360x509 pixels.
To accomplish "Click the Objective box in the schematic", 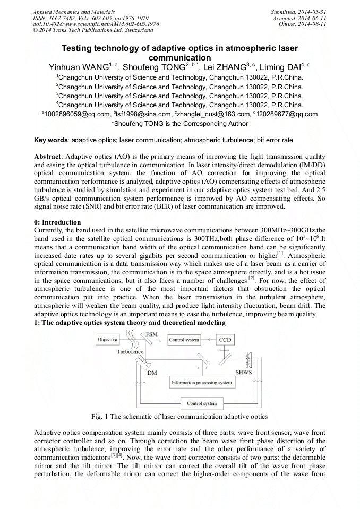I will tap(107, 340).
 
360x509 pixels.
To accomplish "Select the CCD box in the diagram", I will tap(226, 340).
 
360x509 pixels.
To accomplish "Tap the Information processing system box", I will tap(201, 383).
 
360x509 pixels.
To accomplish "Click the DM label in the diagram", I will tap(152, 373).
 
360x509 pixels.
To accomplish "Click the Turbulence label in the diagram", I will tap(130, 352).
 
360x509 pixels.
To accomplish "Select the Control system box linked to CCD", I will tap(184, 340).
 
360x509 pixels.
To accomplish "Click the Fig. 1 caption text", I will tap(179, 417).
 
